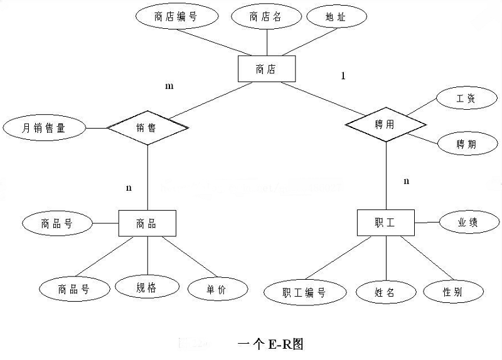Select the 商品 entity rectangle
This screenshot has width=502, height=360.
click(x=147, y=223)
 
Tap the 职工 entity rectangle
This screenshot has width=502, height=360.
click(x=385, y=223)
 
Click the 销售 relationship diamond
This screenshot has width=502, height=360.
click(x=147, y=127)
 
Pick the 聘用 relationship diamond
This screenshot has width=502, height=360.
click(x=385, y=124)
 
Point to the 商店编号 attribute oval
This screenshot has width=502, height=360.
click(x=175, y=17)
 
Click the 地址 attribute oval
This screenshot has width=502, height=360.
click(x=336, y=18)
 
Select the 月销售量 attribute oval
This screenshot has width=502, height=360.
click(x=44, y=128)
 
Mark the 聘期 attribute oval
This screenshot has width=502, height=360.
click(x=466, y=144)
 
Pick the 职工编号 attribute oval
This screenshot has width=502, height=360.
click(x=304, y=292)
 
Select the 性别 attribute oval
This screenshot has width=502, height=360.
click(x=454, y=291)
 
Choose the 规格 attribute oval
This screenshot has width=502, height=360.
click(x=146, y=288)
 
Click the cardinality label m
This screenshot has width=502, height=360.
click(x=169, y=86)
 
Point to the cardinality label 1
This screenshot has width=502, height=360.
click(x=343, y=76)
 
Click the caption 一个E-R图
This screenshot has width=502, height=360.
click(x=271, y=344)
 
